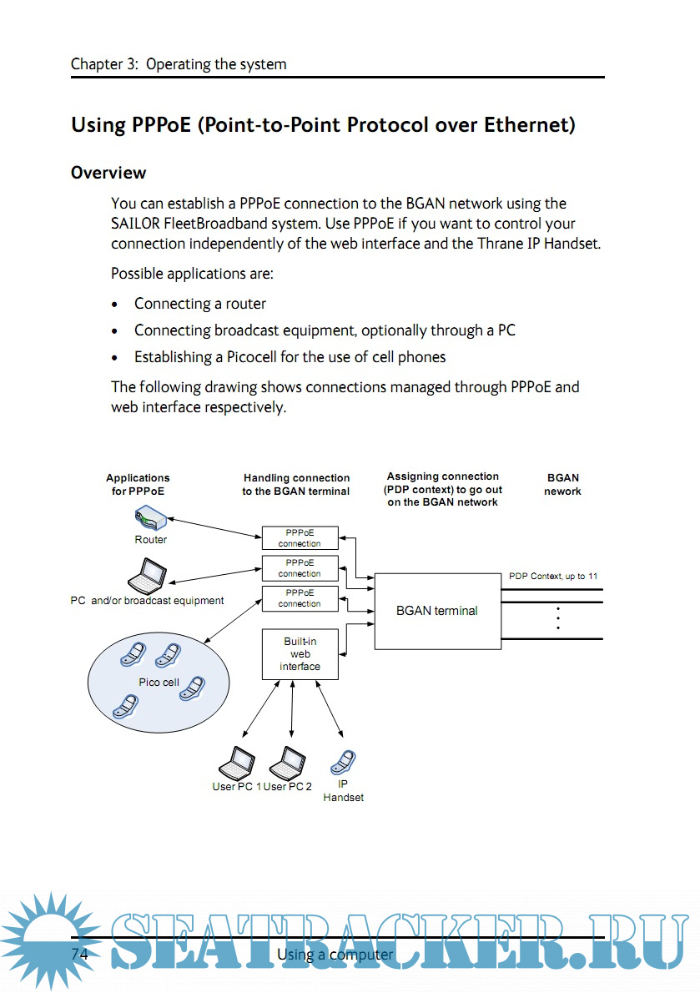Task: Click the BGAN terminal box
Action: click(x=436, y=611)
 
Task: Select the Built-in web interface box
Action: click(x=300, y=654)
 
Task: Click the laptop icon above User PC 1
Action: click(x=237, y=762)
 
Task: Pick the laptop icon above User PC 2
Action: click(x=288, y=762)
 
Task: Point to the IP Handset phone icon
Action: click(x=343, y=763)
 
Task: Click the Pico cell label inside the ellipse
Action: click(x=159, y=683)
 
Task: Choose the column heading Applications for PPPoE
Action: click(x=138, y=485)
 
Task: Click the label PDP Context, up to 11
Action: click(x=553, y=577)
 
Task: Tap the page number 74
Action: click(x=79, y=954)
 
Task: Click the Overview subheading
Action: click(x=108, y=173)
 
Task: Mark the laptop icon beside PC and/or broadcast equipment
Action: click(x=148, y=576)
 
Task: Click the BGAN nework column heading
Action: click(x=562, y=485)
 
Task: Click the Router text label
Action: click(x=151, y=540)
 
